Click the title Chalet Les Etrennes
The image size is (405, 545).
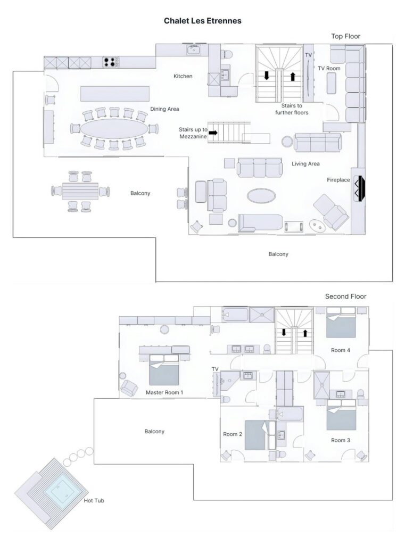[x=202, y=21]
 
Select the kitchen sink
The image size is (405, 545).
[x=194, y=50]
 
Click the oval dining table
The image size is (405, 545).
[x=114, y=128]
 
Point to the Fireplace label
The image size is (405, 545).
[x=338, y=180]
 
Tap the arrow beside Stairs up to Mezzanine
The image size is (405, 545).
[x=213, y=133]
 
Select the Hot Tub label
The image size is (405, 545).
[x=94, y=500]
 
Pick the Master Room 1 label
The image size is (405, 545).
[x=164, y=392]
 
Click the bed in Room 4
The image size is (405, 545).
[x=341, y=323]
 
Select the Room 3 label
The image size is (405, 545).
[x=341, y=440]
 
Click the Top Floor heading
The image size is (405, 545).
[x=345, y=36]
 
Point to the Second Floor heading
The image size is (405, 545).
[x=345, y=296]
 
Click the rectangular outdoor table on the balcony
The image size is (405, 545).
[x=80, y=191]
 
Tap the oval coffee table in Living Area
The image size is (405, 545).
[x=261, y=196]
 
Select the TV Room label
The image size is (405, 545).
[x=329, y=68]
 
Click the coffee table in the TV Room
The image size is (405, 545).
[x=332, y=83]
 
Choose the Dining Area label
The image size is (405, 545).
[x=164, y=109]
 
